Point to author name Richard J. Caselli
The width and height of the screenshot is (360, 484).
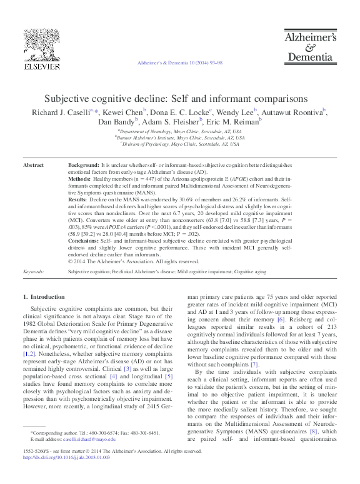(x=61, y=113)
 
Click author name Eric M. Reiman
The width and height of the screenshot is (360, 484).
(x=232, y=122)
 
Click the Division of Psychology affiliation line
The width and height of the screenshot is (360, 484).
(x=180, y=144)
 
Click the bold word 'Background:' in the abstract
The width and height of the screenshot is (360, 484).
(x=84, y=165)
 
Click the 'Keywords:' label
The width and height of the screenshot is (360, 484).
(x=32, y=272)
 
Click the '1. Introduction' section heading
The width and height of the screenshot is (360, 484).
(x=43, y=296)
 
